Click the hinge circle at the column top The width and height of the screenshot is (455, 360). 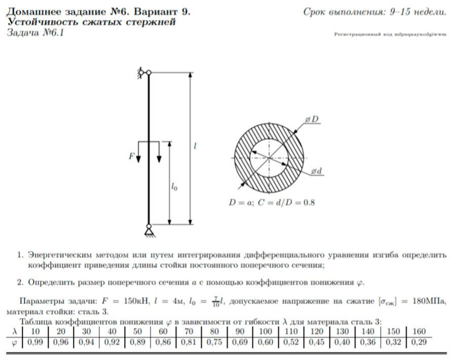coord(148,73)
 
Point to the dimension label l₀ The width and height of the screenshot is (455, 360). coord(174,187)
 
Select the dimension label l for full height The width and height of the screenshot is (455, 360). coord(195,146)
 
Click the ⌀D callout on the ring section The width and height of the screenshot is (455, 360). coord(312,119)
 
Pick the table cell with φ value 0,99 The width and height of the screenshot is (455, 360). coord(35,342)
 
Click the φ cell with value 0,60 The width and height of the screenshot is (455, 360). coord(266,342)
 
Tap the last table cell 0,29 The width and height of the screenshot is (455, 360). coord(419,342)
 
